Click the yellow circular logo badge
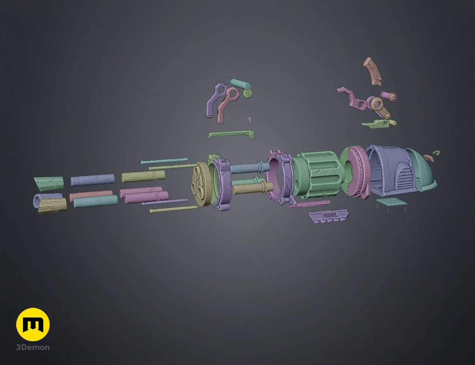(33, 324)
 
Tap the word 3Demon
(33, 347)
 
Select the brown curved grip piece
(372, 71)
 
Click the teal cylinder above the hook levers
(240, 83)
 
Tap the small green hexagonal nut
(248, 93)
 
